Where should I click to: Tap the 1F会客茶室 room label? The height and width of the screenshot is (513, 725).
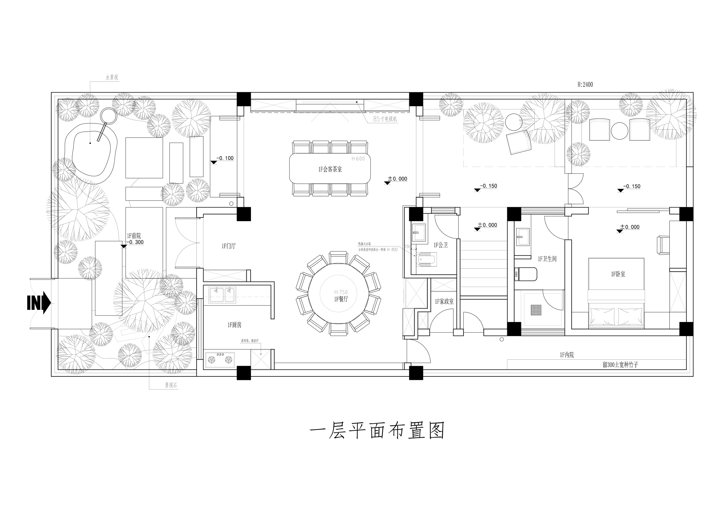click(330, 169)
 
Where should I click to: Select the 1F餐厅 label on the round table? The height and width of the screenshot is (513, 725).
click(341, 299)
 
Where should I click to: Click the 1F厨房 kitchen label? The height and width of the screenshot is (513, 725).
click(234, 325)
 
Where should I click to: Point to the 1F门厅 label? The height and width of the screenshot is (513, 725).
click(229, 246)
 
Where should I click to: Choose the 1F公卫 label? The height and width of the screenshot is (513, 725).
click(441, 245)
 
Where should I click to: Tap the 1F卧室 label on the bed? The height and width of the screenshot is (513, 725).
click(618, 274)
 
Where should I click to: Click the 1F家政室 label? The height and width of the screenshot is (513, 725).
click(444, 302)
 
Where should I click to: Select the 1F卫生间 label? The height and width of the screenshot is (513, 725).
click(547, 259)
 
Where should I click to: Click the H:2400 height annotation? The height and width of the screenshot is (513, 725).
click(585, 85)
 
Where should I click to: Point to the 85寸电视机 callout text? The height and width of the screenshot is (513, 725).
click(385, 119)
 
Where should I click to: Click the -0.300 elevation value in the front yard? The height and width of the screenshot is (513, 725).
click(135, 242)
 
